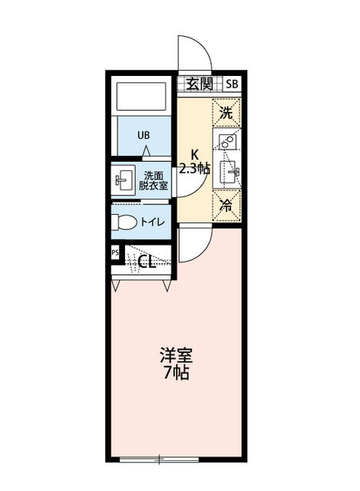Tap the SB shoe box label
pos(232,84)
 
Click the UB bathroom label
pos(144,135)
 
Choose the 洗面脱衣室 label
pos(153,180)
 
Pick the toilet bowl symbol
pos(124,222)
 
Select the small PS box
pos(115,252)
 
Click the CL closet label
pos(147,262)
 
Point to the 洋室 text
pos(176,357)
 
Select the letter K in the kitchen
pos(194,153)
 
